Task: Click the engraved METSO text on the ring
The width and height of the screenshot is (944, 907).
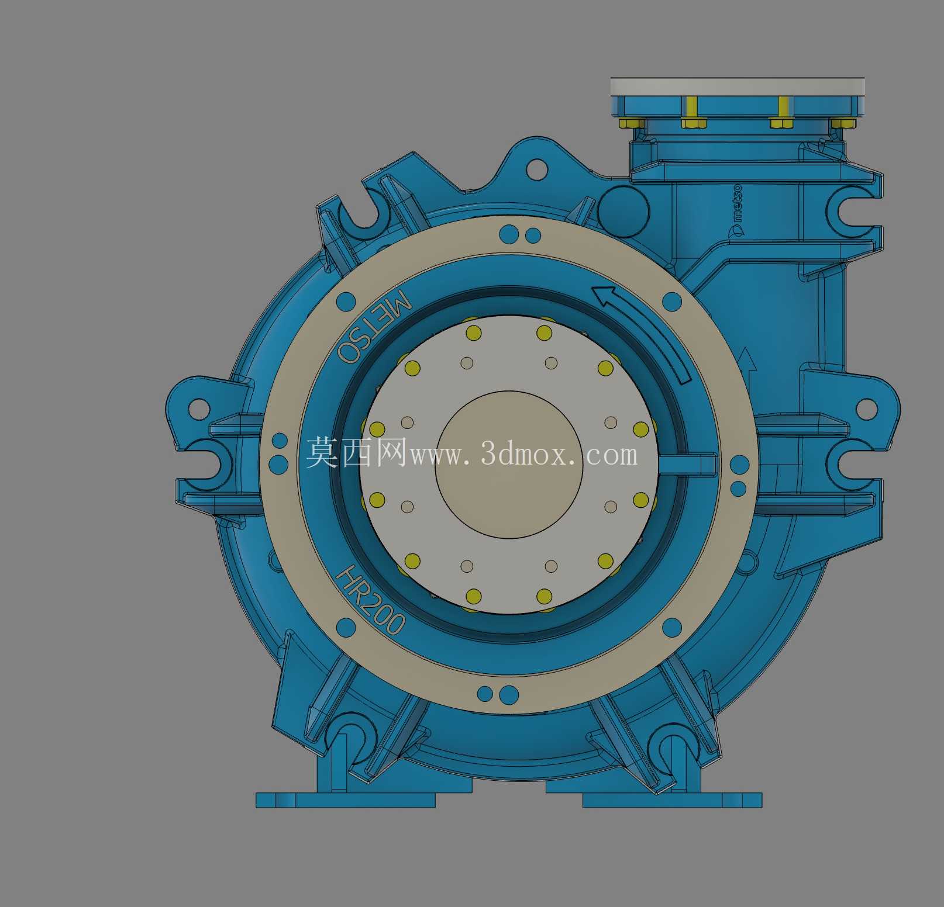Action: point(374,326)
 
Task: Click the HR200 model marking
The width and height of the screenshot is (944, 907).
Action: point(370,600)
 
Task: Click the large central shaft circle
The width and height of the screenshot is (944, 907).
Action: point(509,465)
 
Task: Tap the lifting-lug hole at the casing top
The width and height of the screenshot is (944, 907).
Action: point(536,169)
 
